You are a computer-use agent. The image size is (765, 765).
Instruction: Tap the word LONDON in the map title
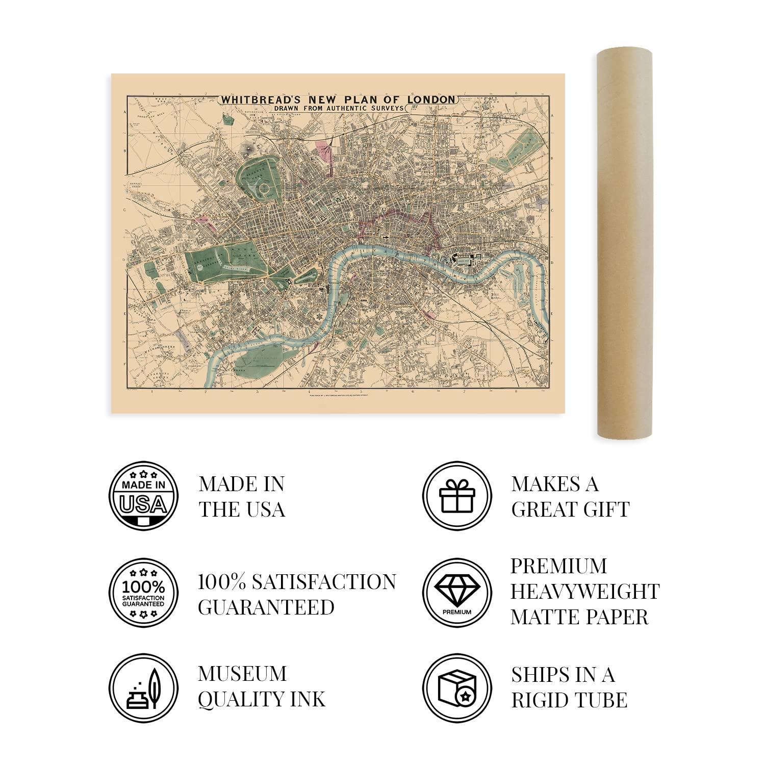431,99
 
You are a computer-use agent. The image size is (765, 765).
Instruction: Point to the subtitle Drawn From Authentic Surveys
338,109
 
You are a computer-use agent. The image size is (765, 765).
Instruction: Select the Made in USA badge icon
144,496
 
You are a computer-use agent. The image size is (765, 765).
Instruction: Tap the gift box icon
457,496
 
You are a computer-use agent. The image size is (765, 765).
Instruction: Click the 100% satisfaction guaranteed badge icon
144,593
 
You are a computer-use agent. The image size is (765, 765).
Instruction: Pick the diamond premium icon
457,593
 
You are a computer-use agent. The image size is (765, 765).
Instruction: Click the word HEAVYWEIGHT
585,592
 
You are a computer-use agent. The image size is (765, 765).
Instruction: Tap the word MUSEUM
242,674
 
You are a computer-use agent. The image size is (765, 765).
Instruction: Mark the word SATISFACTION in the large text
324,582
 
